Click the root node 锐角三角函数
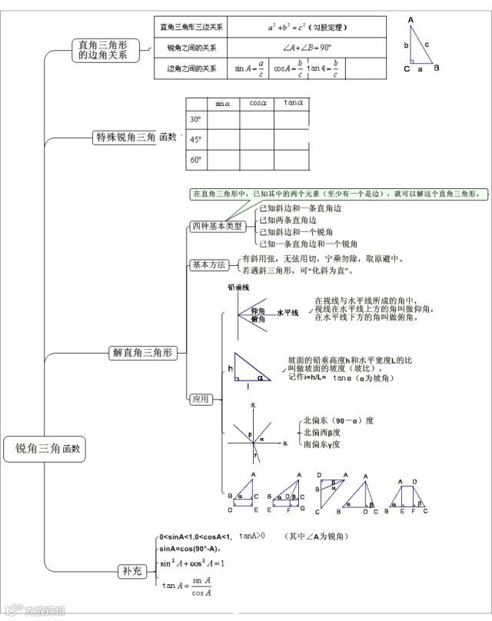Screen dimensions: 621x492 47,449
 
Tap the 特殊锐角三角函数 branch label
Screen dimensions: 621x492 135,138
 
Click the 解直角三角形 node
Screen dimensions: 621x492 143,353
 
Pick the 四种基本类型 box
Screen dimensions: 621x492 217,226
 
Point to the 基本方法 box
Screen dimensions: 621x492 208,264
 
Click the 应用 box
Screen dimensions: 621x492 201,399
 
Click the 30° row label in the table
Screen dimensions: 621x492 195,120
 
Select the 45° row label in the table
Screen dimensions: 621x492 195,140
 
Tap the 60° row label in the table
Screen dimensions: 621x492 195,160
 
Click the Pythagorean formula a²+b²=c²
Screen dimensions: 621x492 307,27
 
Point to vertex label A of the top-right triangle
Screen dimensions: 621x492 411,20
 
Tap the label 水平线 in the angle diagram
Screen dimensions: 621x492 287,314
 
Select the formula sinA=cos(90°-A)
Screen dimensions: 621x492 189,549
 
